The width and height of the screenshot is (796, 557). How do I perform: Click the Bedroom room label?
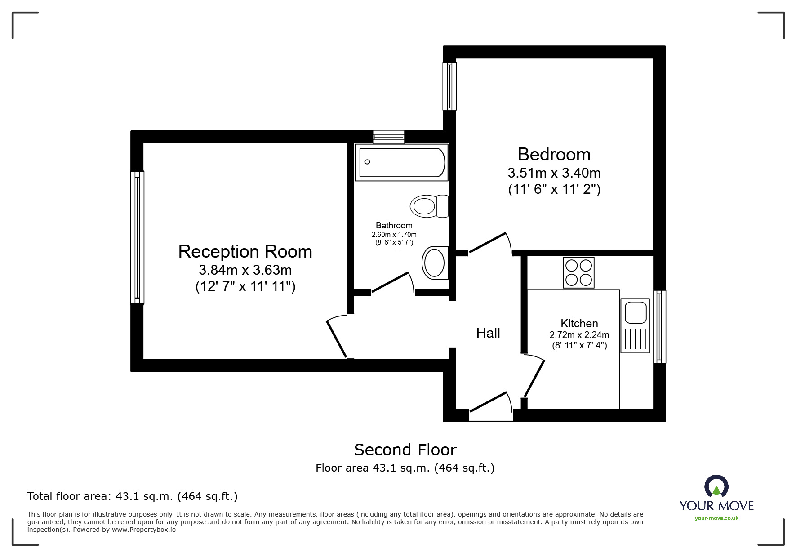click(x=554, y=155)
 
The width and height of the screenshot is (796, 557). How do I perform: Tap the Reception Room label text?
click(x=245, y=252)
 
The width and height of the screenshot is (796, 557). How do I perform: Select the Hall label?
click(x=488, y=333)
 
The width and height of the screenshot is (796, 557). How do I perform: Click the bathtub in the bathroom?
click(x=401, y=162)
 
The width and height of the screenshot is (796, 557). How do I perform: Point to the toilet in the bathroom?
click(x=429, y=206)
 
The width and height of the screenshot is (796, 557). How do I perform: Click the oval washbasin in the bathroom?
click(x=435, y=263)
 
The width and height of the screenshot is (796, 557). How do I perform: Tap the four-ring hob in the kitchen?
click(x=578, y=272)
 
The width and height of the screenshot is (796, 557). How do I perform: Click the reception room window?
click(x=137, y=237)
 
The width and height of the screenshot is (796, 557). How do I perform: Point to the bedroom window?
click(x=449, y=86)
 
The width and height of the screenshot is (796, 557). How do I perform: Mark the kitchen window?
click(x=659, y=326)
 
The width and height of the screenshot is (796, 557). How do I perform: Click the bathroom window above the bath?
click(x=388, y=137)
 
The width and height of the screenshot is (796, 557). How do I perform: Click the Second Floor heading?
click(x=405, y=450)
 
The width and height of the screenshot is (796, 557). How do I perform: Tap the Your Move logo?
click(x=716, y=498)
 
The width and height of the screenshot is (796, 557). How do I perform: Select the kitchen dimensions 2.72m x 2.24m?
click(x=579, y=335)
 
